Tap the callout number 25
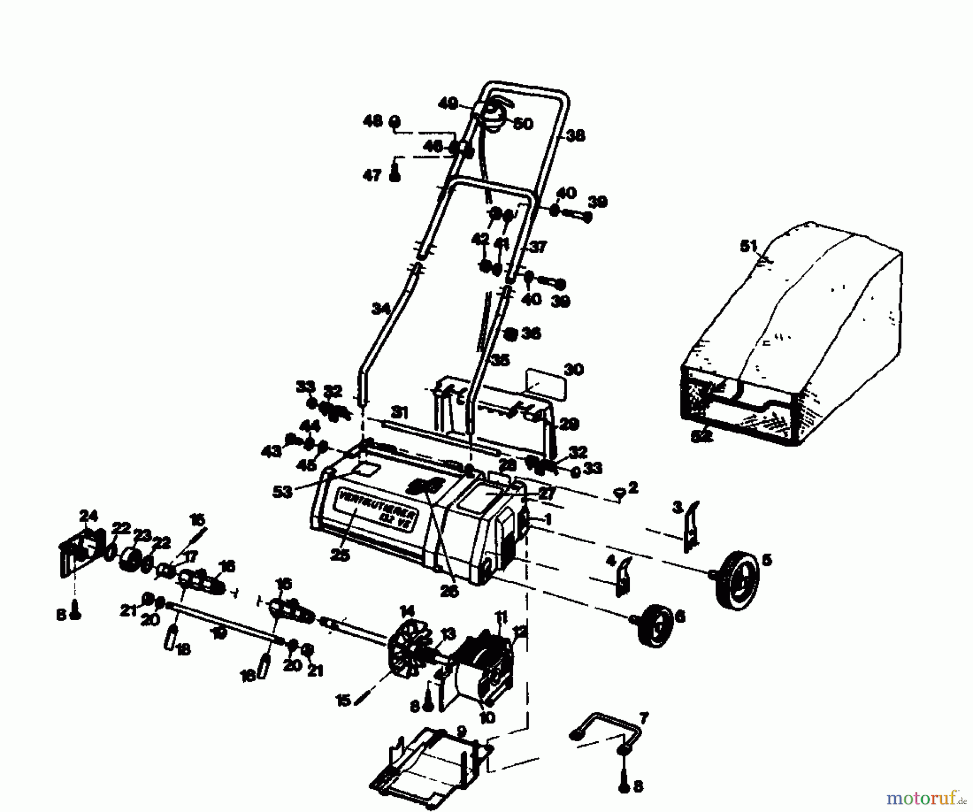coord(342,555)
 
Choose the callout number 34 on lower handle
coord(381,309)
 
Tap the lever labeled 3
coord(690,527)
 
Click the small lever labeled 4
coord(622,576)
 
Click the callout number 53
coord(282,491)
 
